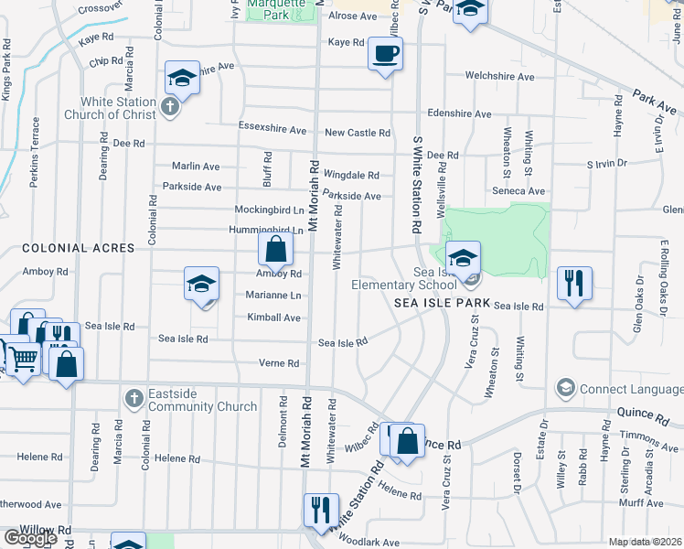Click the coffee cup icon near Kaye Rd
click(x=386, y=52)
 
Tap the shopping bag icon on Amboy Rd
click(x=275, y=248)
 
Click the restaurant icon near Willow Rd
click(x=321, y=509)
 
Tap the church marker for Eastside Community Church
click(x=134, y=398)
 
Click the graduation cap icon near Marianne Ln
click(x=201, y=284)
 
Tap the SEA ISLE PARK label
click(x=443, y=303)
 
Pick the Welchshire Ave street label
click(x=499, y=77)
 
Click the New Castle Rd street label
click(x=357, y=133)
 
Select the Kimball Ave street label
click(x=273, y=318)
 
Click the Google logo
click(x=30, y=538)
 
